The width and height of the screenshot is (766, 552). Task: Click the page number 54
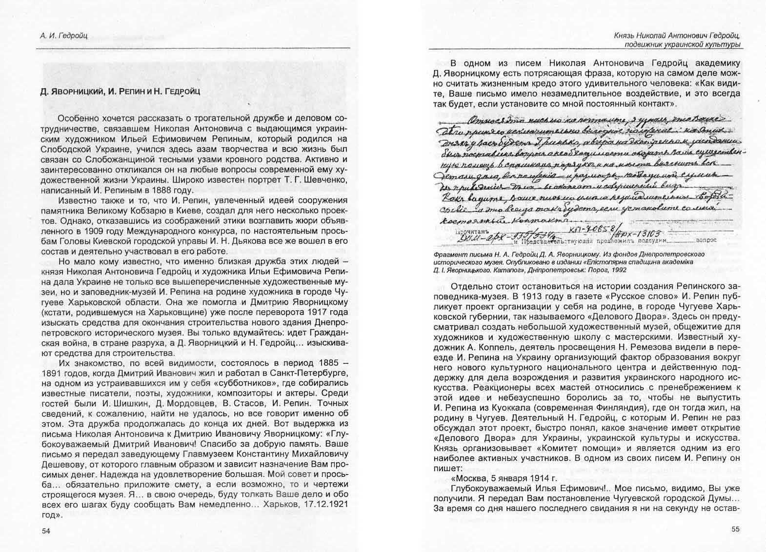(x=47, y=532)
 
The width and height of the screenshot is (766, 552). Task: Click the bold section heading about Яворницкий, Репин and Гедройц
(x=120, y=91)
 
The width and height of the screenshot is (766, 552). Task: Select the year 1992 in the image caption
(x=619, y=270)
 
